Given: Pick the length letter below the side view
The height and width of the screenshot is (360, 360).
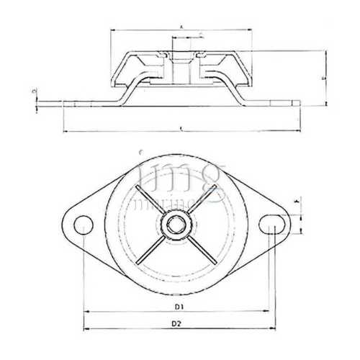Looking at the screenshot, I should pos(179,129).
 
